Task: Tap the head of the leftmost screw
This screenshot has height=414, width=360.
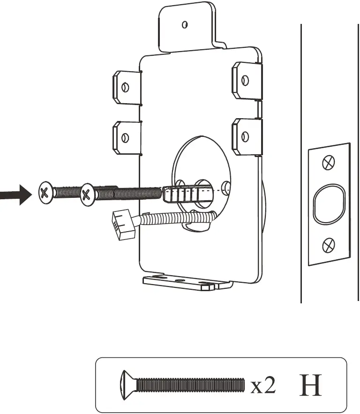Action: [45, 192]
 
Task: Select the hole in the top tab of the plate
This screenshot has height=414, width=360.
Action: [185, 24]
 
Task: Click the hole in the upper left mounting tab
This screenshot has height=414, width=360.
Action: [125, 87]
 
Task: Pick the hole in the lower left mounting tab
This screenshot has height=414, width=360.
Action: [125, 137]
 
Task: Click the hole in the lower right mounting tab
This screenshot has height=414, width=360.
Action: [244, 136]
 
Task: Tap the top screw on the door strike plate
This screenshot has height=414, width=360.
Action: [329, 163]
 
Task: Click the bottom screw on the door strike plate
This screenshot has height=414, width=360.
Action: [329, 244]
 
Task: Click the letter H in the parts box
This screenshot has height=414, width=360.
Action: [311, 385]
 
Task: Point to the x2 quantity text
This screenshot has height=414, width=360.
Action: [263, 386]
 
